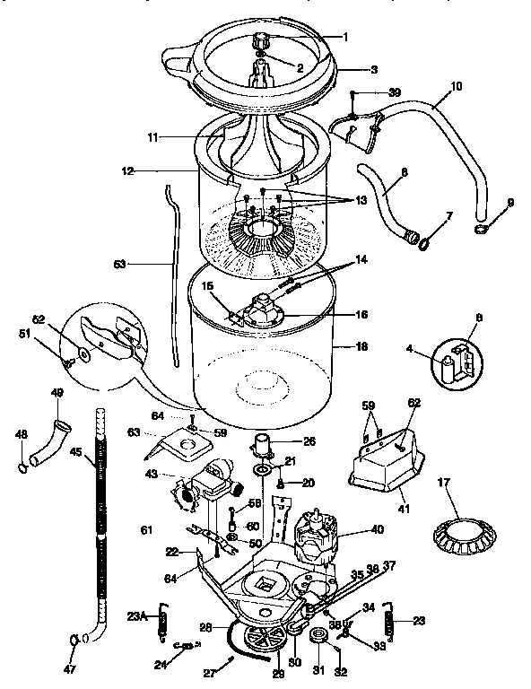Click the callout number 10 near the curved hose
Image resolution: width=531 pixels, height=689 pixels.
457,87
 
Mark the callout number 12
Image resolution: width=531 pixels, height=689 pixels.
127,170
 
